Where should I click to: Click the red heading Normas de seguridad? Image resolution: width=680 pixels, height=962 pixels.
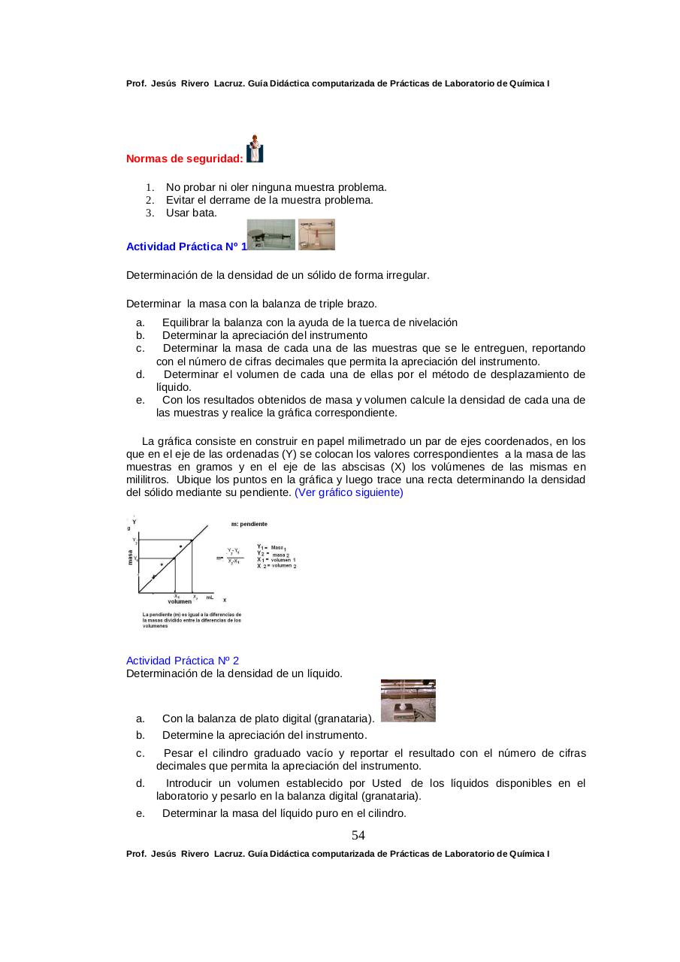coord(184,159)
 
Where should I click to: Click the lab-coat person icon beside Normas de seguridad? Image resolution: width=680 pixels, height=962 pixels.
coord(255,149)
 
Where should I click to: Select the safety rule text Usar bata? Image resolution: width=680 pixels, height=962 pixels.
coord(192,213)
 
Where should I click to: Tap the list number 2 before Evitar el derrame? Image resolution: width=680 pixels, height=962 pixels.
coord(150,200)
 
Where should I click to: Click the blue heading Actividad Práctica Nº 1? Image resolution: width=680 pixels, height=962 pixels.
coord(186,247)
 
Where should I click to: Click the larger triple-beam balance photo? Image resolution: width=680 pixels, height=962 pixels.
coord(271,234)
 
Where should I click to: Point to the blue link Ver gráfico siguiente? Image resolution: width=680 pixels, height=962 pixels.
coord(349,492)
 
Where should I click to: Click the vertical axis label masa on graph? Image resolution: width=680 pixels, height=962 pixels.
coord(130,557)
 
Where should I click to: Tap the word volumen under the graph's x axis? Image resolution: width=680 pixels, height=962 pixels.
coord(180,601)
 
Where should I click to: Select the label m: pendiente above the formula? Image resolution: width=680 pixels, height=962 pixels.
coord(249,524)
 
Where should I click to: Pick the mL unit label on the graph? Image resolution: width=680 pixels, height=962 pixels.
coord(210,597)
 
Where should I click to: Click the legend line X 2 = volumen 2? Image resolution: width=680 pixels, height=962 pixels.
coord(277,566)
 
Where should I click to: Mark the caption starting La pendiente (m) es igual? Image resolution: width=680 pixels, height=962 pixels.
coord(192,620)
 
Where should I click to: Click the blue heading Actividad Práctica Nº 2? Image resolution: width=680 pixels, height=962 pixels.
coord(183,661)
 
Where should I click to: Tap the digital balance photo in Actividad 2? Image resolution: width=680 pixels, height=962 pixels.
coord(408,700)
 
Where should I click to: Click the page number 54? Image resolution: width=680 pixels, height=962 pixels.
coord(358,836)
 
